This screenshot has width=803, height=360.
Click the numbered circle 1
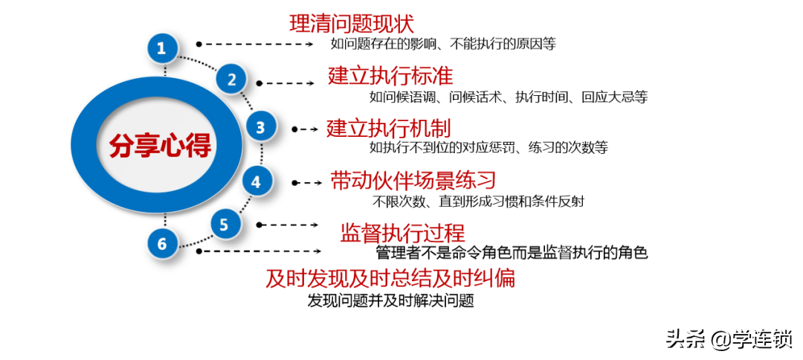click(162, 49)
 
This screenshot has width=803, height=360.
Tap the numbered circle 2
click(232, 80)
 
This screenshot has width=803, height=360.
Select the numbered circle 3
click(261, 127)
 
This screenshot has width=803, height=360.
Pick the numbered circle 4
click(256, 181)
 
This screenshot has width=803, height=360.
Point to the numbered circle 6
click(162, 244)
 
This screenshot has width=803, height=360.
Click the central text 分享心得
click(161, 146)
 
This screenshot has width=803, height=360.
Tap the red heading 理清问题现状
click(352, 24)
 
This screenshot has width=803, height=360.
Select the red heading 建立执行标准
click(391, 76)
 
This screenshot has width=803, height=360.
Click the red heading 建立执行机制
click(389, 128)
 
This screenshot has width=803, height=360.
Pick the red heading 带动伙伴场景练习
click(414, 181)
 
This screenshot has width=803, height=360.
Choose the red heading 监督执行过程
click(402, 234)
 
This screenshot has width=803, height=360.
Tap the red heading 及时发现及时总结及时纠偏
click(390, 279)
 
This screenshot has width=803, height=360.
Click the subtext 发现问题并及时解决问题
click(390, 300)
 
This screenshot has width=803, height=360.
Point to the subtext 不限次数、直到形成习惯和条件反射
click(478, 202)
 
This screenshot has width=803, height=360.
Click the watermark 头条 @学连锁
click(729, 339)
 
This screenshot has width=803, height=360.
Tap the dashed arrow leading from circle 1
click(255, 45)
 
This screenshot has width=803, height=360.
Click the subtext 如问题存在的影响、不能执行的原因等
click(443, 45)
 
